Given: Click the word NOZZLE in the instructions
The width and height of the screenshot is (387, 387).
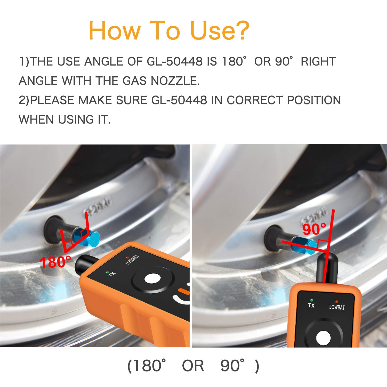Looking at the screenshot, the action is point(175,81).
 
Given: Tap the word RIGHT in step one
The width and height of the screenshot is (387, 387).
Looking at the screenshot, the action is point(318,62).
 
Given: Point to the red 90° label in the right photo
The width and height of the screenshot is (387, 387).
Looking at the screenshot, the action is point(314,229).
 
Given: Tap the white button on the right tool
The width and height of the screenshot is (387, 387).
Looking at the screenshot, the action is point(323,338).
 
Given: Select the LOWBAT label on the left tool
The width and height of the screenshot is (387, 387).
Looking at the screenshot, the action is point(132,259).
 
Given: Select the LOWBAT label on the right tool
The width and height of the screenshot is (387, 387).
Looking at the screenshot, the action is point(337,307).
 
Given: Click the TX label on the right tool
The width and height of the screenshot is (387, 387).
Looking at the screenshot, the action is point(311,305).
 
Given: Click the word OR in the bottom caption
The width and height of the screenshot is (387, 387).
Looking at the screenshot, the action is point(193,366).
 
